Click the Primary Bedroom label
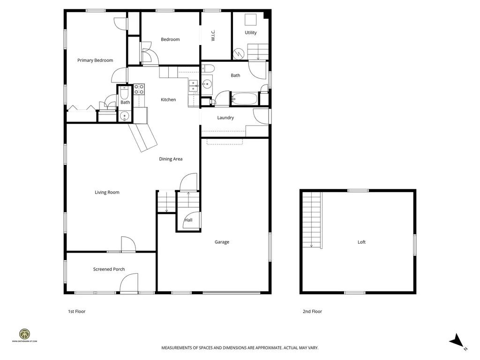click(95, 60)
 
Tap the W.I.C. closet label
click(213, 36)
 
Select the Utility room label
click(251, 33)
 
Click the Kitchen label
click(168, 100)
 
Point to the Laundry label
click(225, 118)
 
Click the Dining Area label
click(171, 159)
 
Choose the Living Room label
click(107, 192)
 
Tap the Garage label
click(222, 242)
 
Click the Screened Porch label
click(109, 269)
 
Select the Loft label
click(361, 242)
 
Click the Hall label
click(188, 220)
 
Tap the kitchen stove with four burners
click(139, 89)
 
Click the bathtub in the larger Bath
click(244, 99)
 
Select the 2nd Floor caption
click(312, 311)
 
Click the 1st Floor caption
click(77, 311)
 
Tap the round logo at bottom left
click(25, 334)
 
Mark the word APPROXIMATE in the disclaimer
click(266, 348)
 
